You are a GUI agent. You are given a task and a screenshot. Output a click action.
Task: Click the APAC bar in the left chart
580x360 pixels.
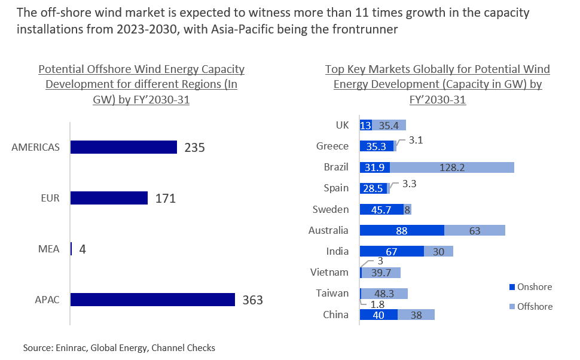(x=152, y=300)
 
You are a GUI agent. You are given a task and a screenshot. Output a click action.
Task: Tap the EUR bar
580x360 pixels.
(x=109, y=198)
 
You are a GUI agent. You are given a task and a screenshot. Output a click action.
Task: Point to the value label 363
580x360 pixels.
(x=252, y=300)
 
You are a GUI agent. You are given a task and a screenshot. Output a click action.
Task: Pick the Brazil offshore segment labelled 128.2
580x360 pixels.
(x=452, y=167)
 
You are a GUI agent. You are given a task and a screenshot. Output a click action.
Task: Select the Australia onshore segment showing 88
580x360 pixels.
(x=402, y=230)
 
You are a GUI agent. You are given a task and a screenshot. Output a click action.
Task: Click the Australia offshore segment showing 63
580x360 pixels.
(x=475, y=230)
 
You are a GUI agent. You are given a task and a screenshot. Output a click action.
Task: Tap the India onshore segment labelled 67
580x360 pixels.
(x=392, y=252)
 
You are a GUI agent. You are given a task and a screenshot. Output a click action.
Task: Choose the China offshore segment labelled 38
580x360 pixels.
(x=416, y=315)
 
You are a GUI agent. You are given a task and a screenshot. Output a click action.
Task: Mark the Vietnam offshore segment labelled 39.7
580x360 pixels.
(x=381, y=273)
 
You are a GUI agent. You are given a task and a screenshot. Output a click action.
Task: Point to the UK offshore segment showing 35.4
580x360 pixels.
(x=389, y=125)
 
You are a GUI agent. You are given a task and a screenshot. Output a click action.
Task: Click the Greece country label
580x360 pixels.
(x=332, y=146)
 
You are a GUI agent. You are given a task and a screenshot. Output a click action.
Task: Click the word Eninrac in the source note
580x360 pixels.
(x=71, y=347)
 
